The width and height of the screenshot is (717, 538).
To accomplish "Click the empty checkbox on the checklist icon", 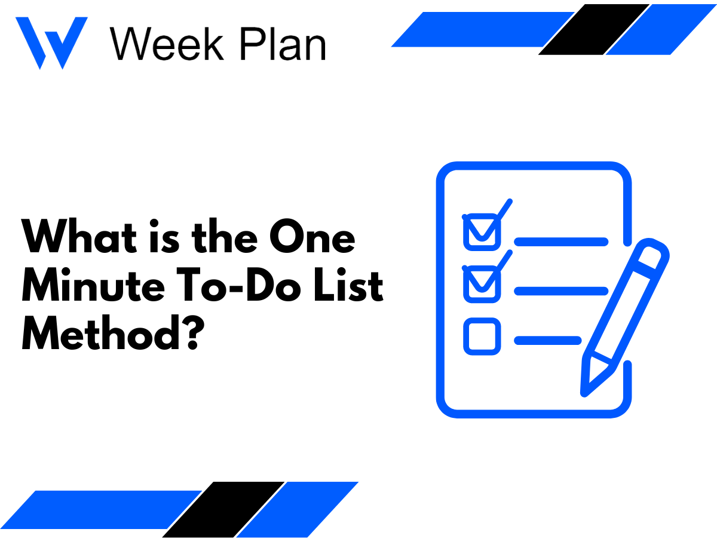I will pos(482,337).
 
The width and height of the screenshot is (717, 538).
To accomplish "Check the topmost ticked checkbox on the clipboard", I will pos(482,231).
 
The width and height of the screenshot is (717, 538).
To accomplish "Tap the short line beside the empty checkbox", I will pos(547,341).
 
